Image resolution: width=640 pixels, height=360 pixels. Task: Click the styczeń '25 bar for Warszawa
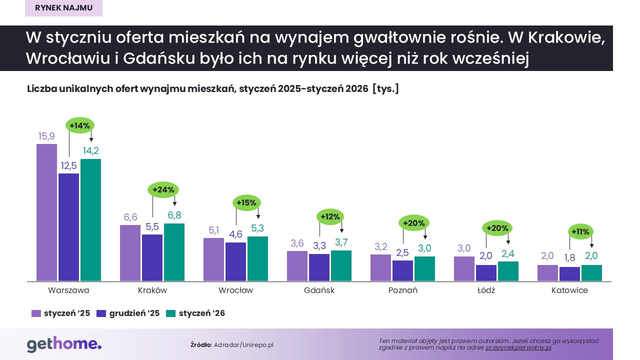pos(46,212)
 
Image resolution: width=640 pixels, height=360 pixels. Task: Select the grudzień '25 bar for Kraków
pos(152,257)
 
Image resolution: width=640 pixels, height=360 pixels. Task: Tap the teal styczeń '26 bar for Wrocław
pos(257,258)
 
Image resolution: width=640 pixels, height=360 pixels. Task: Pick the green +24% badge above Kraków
pos(163,190)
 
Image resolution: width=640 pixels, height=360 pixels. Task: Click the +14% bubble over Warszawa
pos(80,125)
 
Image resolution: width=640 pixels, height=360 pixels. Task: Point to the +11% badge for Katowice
pos(581,231)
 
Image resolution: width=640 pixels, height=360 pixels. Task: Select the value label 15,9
pos(46,136)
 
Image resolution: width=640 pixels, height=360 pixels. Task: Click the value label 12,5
pos(68,165)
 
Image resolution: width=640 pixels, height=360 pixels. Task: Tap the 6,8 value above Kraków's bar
pos(174,215)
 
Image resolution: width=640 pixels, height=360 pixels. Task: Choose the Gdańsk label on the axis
pos(319,290)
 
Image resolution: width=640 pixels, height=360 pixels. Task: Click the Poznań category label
pos(402,290)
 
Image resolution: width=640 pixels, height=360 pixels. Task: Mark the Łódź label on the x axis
pos(485,290)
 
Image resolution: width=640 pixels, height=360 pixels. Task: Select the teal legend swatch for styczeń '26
pos(171,313)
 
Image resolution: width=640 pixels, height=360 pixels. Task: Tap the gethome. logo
pos(64,344)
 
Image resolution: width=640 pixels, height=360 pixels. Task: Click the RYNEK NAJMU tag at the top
pos(63,8)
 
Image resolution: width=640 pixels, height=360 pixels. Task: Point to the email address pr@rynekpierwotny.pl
pos(518,347)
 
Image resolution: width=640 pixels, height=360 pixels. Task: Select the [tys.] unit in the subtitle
pos(385,89)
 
